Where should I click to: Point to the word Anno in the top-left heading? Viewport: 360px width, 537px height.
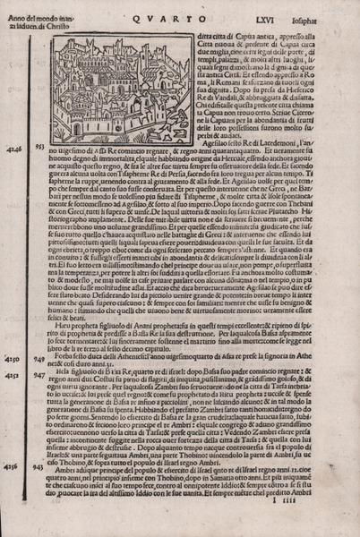coord(18,9)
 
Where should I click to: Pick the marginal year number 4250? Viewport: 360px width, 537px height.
coord(16,357)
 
